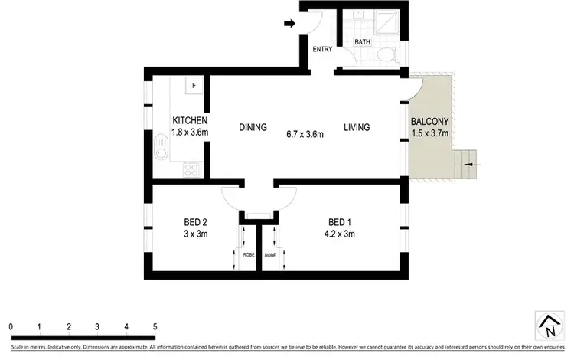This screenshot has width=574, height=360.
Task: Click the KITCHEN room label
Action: coord(190,120)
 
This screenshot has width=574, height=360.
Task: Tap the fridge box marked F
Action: coord(194,85)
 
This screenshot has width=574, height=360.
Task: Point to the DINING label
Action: coord(253,127)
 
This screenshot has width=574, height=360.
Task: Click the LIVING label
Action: coord(357,127)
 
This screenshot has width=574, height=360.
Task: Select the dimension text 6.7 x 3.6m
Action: coord(304,134)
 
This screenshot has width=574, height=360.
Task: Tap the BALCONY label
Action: coord(430,122)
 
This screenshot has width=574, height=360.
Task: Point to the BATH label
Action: coord(363,43)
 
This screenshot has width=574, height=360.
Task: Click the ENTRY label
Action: coord(321,51)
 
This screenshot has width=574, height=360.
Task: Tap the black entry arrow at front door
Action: coord(289,24)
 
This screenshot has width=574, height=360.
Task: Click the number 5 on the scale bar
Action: coord(155,326)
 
